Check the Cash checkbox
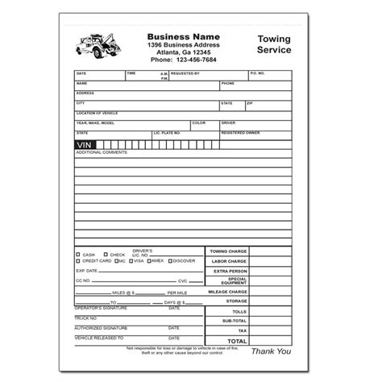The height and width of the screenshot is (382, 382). pos(78,255)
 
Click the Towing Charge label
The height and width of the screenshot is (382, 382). pos(228,251)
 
